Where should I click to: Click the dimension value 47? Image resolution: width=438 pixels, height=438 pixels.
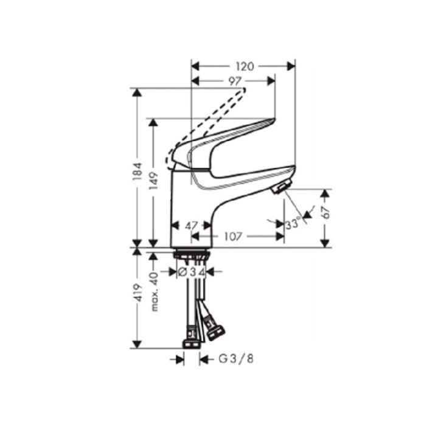[x=192, y=225]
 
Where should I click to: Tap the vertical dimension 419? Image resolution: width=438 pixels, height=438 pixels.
[x=139, y=296]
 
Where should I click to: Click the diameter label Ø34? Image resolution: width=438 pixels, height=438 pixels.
[x=192, y=272]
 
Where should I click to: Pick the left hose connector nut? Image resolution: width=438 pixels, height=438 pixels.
[x=192, y=336]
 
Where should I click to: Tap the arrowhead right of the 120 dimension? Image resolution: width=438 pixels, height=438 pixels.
[x=290, y=64]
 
